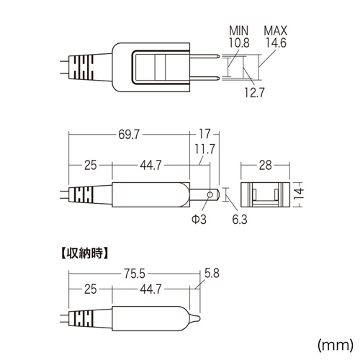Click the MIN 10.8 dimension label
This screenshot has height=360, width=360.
[x=239, y=37]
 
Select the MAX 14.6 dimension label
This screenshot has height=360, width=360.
[x=276, y=37]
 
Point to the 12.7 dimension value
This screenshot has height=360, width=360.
[x=254, y=92]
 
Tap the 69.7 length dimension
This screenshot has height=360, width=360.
[x=129, y=135]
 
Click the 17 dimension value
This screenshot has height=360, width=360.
[x=204, y=134]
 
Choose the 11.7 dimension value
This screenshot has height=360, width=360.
[x=204, y=149]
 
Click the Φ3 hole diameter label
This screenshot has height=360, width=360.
[x=199, y=220]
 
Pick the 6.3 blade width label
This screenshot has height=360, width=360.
[x=240, y=220]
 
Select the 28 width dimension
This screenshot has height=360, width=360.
[x=265, y=166]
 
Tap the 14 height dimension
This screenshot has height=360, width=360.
[x=299, y=194]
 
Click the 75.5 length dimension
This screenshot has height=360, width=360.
[x=135, y=274]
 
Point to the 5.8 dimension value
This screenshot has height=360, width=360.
[x=212, y=273]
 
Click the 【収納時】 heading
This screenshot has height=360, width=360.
[x=84, y=253]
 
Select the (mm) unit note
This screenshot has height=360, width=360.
[x=336, y=345]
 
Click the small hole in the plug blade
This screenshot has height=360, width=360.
[x=210, y=194]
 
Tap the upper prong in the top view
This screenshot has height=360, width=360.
[x=204, y=56]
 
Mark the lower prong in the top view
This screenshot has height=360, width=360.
[x=204, y=78]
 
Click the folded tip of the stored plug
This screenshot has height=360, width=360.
[x=195, y=319]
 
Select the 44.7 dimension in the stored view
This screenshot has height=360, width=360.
[x=150, y=289]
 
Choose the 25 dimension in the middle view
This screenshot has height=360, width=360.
[x=91, y=166]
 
